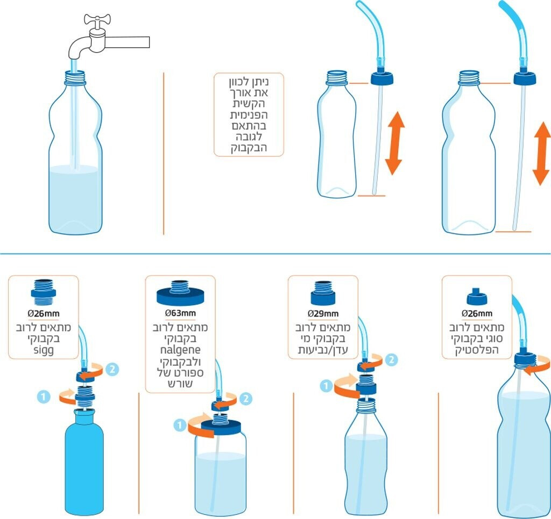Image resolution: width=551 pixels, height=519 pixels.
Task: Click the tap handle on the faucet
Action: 96,21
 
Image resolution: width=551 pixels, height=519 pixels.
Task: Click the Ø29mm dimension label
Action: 323,313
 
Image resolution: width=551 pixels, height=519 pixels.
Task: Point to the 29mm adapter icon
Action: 323,292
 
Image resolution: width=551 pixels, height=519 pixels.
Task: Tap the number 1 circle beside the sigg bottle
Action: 44,397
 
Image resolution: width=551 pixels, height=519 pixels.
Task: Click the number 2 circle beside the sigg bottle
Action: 112,369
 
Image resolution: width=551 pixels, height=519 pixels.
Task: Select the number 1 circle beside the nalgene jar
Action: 179,424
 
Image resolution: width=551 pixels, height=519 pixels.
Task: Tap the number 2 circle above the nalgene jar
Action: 246,398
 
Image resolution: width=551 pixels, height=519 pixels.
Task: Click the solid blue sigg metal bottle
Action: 83,462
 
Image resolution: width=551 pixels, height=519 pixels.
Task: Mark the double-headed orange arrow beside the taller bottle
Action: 541,154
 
